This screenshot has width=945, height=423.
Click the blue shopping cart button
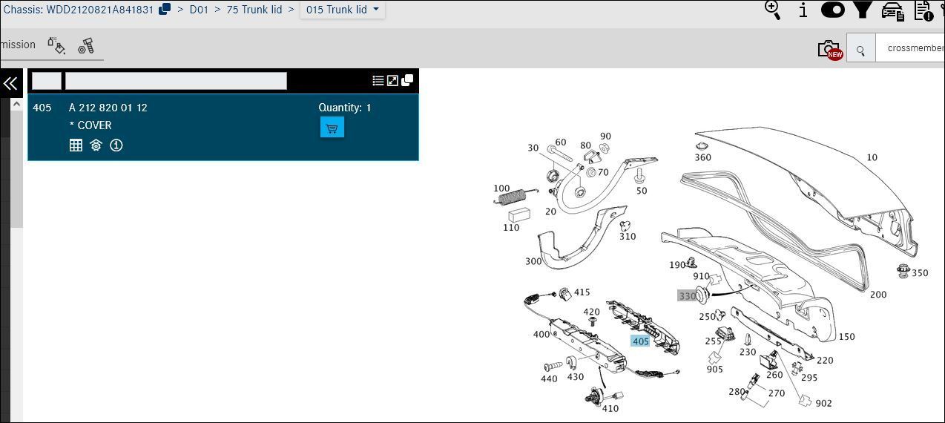[x=332, y=128]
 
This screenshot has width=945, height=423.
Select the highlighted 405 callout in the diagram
[x=640, y=341]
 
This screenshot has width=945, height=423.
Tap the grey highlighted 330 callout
[x=687, y=296]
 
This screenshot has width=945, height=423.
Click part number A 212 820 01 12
[x=108, y=108]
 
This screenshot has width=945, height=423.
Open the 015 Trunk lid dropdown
[x=342, y=10]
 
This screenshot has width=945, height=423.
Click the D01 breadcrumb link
[x=199, y=10]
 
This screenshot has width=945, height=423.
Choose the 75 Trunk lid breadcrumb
[x=254, y=10]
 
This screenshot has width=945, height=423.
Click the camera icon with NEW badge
[x=830, y=50]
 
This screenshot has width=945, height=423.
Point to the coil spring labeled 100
[x=516, y=197]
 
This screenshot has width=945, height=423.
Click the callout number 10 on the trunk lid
[x=872, y=157]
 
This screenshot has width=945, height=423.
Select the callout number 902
[x=823, y=403]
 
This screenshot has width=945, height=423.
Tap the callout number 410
[x=610, y=408]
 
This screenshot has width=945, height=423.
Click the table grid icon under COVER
[x=76, y=145]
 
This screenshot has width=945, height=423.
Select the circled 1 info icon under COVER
[x=116, y=145]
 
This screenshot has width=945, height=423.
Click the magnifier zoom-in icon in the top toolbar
[x=773, y=10]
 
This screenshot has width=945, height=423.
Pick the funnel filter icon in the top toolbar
[x=863, y=10]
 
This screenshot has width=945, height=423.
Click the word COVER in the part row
[x=94, y=125]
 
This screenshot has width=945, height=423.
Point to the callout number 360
[x=703, y=157]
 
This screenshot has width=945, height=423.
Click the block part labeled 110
[x=519, y=214]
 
